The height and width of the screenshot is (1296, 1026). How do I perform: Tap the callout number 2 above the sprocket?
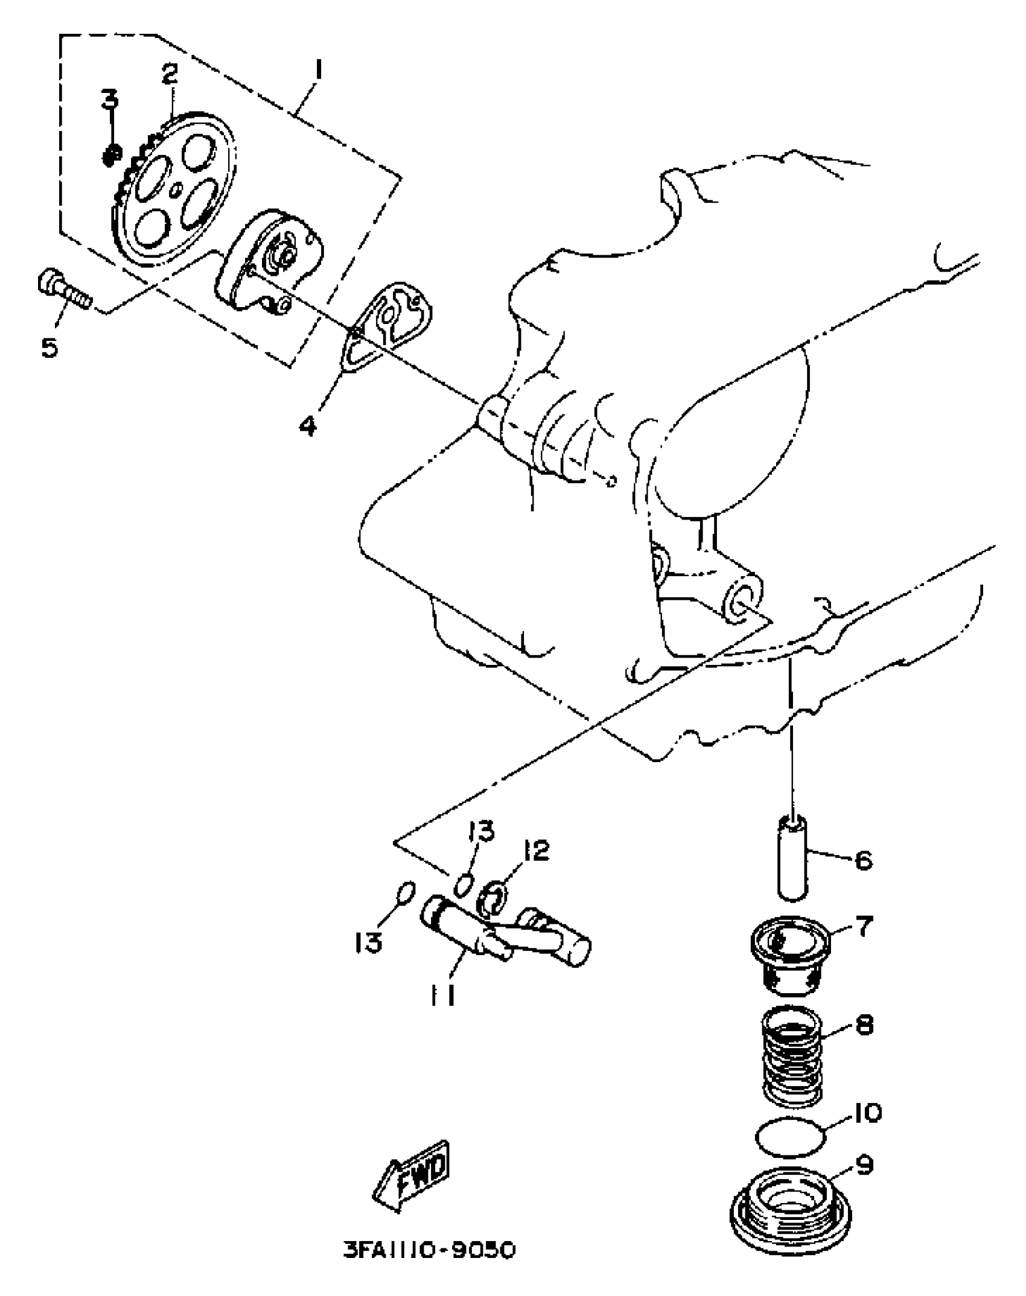click(x=170, y=73)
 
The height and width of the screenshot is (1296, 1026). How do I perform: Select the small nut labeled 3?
click(x=110, y=156)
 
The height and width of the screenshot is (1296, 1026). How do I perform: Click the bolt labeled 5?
click(x=63, y=289)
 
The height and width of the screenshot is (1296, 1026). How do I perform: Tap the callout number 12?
click(x=537, y=851)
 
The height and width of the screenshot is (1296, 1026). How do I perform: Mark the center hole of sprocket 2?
click(x=176, y=191)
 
